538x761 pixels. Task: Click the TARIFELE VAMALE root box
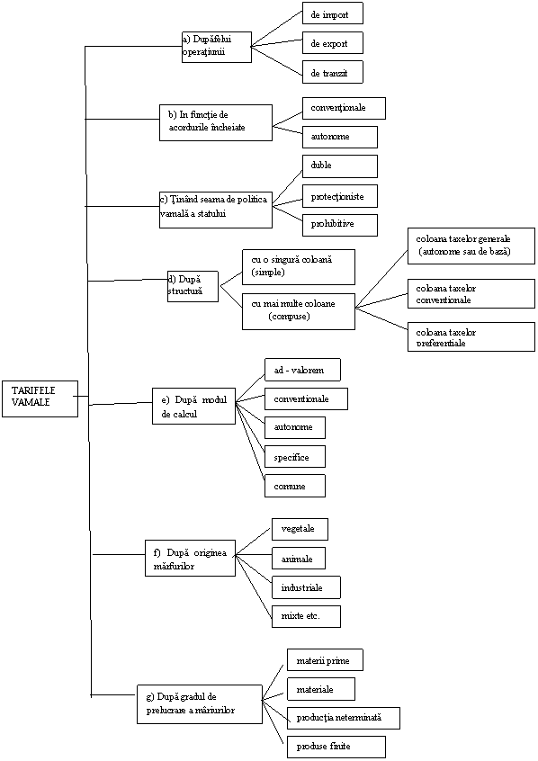point(40,398)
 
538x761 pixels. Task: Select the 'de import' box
point(333,13)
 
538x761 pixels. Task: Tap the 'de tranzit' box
point(333,72)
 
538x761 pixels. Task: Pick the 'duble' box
point(340,166)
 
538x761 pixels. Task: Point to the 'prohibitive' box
point(340,225)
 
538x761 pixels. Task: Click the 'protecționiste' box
point(340,195)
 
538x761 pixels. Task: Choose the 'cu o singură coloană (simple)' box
point(299,267)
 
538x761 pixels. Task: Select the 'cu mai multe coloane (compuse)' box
point(299,311)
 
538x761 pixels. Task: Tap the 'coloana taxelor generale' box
point(471,246)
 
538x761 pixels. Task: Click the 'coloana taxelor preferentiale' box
point(471,336)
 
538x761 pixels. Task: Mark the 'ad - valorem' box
point(302,370)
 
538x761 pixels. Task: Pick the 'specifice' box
point(295,457)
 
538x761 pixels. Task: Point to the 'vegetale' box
point(300,529)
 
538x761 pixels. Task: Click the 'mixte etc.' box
point(306,616)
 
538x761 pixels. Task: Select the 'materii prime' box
point(325,660)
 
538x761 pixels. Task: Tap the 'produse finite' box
point(336,747)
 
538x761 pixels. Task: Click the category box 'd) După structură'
point(193,286)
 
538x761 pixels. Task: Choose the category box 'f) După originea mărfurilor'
point(191,558)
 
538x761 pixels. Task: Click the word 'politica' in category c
point(252,200)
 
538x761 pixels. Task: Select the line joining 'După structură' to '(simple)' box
point(231,278)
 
